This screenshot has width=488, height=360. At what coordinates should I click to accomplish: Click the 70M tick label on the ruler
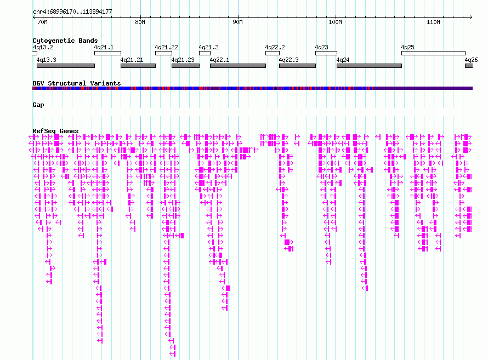click(x=42, y=22)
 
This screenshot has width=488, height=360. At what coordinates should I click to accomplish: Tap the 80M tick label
click(x=140, y=22)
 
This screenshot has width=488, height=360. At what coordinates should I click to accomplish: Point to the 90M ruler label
click(x=237, y=22)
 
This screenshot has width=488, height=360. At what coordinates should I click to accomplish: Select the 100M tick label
click(x=335, y=22)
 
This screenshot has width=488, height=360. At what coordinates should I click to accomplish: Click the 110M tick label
click(x=433, y=22)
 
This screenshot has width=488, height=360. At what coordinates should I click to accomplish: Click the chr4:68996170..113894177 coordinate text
click(x=72, y=12)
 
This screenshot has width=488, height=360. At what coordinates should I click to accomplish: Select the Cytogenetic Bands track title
click(x=65, y=41)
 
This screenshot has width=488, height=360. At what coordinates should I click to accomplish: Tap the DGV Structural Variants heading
click(x=77, y=83)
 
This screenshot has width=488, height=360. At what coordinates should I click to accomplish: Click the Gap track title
click(x=38, y=105)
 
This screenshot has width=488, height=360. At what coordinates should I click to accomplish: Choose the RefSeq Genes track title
click(x=55, y=131)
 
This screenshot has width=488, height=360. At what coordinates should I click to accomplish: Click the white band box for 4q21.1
click(x=107, y=53)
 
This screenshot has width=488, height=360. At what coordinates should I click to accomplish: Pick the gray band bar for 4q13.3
click(x=66, y=66)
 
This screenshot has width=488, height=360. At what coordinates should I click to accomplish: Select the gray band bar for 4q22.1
click(x=238, y=66)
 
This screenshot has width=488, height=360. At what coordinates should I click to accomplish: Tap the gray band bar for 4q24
click(x=369, y=66)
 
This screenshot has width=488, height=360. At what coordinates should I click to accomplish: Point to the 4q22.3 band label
click(x=288, y=60)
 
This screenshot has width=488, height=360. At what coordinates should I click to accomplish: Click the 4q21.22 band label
click(x=167, y=47)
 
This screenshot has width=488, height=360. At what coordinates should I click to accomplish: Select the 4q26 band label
click(x=471, y=60)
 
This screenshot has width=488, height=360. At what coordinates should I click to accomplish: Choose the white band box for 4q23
click(x=326, y=53)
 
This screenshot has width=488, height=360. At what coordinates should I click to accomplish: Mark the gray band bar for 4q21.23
click(x=185, y=66)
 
